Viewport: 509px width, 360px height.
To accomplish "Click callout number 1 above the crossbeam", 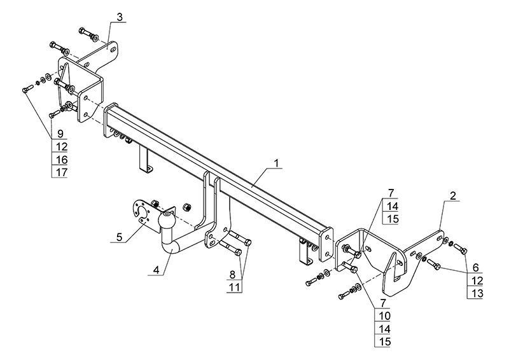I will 277,163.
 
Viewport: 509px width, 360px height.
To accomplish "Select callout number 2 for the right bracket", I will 452,196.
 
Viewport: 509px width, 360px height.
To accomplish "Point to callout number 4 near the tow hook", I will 155,270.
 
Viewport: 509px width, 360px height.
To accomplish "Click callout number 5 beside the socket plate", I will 119,237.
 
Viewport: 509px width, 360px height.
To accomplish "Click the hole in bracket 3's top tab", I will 113,48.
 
